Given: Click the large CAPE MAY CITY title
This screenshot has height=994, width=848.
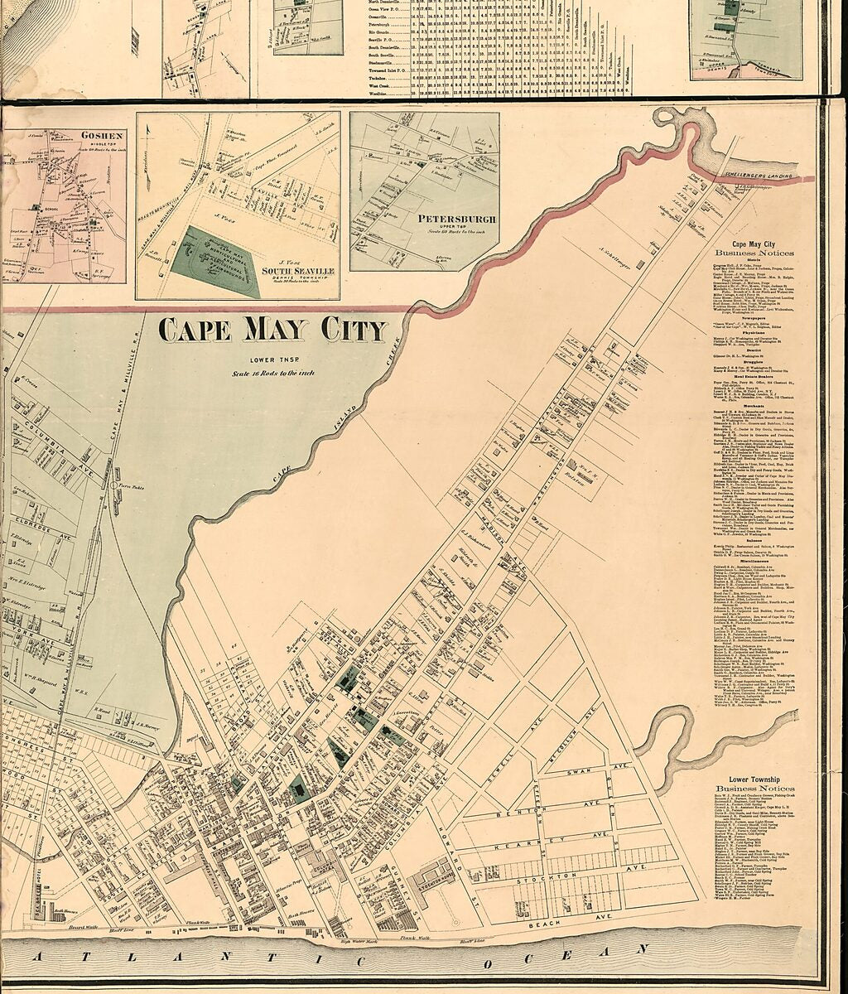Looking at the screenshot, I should [272, 330].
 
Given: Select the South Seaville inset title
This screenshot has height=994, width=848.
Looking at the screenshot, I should [298, 270].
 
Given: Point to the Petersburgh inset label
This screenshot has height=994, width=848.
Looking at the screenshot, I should [457, 220].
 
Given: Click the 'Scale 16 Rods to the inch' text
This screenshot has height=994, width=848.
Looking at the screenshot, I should [272, 374].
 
